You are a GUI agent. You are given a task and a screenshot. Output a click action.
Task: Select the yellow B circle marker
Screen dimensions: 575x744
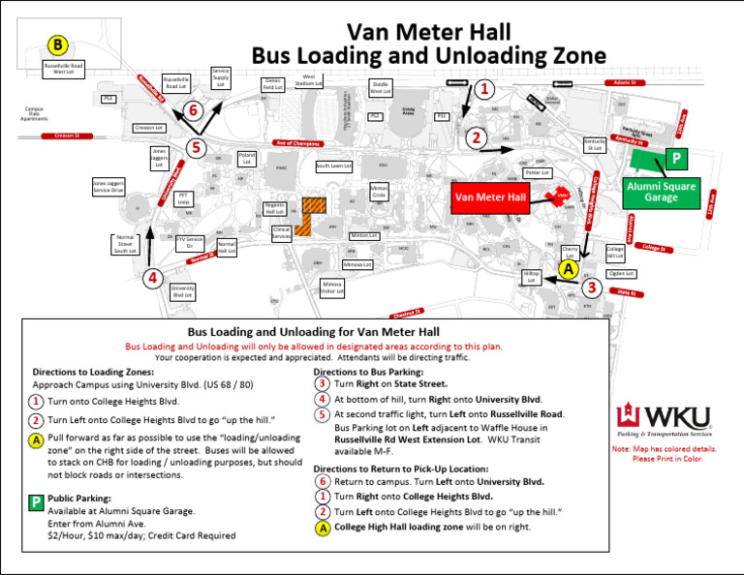pyautogui.click(x=58, y=45)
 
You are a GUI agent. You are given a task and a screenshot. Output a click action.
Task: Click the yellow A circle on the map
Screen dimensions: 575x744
pyautogui.click(x=569, y=267)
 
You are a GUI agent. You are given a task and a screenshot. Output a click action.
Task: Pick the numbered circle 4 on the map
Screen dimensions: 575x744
pyautogui.click(x=151, y=278)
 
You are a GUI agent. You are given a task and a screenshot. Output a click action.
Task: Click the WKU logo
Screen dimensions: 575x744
pyautogui.click(x=664, y=419)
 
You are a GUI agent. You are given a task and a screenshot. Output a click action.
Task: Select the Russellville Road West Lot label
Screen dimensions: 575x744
pyautogui.click(x=64, y=69)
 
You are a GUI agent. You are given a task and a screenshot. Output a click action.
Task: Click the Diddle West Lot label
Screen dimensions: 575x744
pyautogui.click(x=380, y=89)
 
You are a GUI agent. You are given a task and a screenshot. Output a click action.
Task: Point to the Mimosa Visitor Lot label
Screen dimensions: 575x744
pyautogui.click(x=332, y=287)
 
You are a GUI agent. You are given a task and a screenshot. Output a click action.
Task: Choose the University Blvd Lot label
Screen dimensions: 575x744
pyautogui.click(x=182, y=290)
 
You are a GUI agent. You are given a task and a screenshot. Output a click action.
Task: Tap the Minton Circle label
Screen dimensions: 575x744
pyautogui.click(x=379, y=192)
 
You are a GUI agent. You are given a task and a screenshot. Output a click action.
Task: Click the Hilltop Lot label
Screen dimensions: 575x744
pyautogui.click(x=531, y=278)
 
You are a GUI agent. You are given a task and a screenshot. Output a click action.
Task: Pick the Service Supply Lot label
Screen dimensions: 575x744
pyautogui.click(x=220, y=77)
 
